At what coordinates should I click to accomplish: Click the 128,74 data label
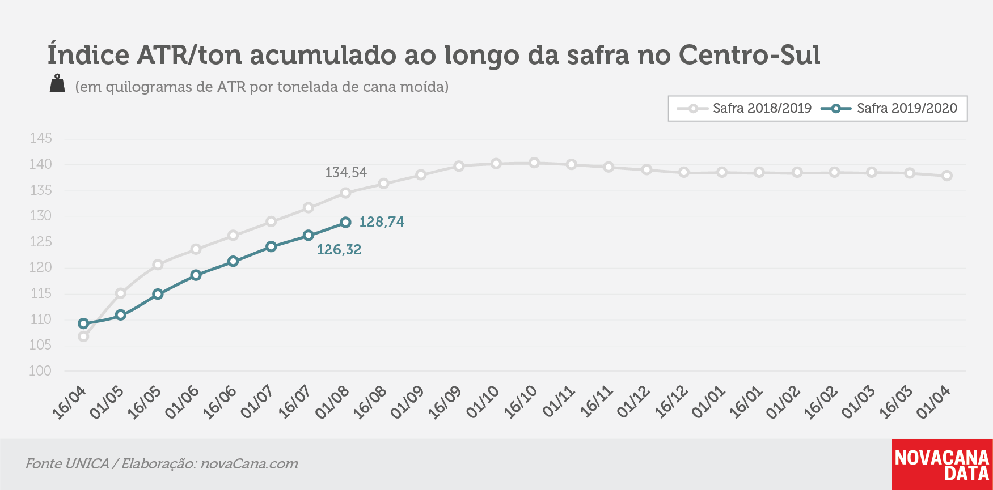pyautogui.click(x=382, y=222)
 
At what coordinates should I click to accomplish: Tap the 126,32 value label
pyautogui.click(x=339, y=250)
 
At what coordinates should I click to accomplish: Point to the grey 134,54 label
pyautogui.click(x=346, y=173)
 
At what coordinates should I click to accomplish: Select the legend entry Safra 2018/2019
pyautogui.click(x=744, y=108)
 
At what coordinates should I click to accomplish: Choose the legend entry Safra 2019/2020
pyautogui.click(x=889, y=108)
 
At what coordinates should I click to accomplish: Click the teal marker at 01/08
pyautogui.click(x=345, y=223)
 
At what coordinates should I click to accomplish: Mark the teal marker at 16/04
pyautogui.click(x=83, y=324)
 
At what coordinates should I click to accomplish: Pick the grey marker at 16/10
pyautogui.click(x=534, y=163)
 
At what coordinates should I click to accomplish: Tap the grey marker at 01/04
pyautogui.click(x=947, y=176)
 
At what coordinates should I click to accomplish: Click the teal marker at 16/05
pyautogui.click(x=158, y=294)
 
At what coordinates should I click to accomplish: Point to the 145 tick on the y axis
pyautogui.click(x=41, y=138)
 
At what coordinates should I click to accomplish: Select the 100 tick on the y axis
pyautogui.click(x=41, y=371)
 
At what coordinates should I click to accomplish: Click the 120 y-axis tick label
pyautogui.click(x=41, y=267)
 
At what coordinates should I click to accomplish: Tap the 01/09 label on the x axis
pyautogui.click(x=407, y=402)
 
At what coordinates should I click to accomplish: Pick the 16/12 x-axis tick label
pyautogui.click(x=671, y=402)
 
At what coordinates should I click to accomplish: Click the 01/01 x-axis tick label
pyautogui.click(x=708, y=402)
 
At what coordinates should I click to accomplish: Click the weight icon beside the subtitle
pyautogui.click(x=57, y=83)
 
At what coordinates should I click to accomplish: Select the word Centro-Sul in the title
pyautogui.click(x=749, y=55)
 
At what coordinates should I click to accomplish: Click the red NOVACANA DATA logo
pyautogui.click(x=943, y=465)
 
